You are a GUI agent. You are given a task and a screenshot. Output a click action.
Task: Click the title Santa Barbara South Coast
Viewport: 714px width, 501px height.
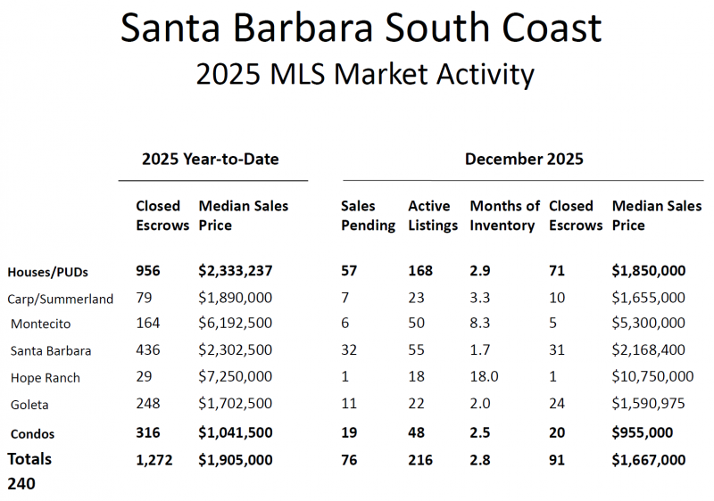click(x=361, y=29)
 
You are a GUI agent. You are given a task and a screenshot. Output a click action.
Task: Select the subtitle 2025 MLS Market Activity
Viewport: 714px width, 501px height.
click(x=365, y=74)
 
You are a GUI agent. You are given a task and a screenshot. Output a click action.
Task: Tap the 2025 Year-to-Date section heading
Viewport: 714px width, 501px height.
click(x=211, y=160)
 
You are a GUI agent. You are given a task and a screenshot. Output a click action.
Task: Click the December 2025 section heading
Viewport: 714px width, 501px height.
click(x=524, y=160)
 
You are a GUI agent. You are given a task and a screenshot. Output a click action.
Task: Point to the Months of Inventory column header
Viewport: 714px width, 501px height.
click(x=505, y=216)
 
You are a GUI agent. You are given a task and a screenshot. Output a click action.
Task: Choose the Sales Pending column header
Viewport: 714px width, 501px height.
click(x=368, y=216)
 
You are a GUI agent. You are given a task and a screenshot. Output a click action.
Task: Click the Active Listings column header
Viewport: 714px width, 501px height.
click(x=433, y=216)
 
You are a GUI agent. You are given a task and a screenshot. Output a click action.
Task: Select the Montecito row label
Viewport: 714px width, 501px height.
click(x=41, y=324)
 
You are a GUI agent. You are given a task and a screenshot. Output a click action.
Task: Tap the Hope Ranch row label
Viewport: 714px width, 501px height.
click(x=46, y=378)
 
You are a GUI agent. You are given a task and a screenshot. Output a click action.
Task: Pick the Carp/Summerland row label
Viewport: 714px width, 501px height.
click(x=61, y=299)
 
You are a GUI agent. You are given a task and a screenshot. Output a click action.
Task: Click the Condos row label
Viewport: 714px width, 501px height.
click(x=33, y=434)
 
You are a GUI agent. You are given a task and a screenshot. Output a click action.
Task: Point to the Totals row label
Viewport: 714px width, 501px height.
click(x=29, y=459)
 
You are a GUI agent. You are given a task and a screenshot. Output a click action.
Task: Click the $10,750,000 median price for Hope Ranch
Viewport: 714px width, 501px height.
click(x=652, y=377)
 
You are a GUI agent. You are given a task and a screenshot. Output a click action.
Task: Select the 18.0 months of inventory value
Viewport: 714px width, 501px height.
click(x=486, y=377)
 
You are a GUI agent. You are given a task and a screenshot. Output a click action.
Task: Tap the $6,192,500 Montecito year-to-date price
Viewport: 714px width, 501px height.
click(x=235, y=324)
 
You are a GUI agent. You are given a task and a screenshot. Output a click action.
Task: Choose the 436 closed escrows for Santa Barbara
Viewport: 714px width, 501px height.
click(x=148, y=350)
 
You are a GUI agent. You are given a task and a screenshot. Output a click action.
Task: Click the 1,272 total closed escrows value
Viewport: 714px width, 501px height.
click(x=154, y=460)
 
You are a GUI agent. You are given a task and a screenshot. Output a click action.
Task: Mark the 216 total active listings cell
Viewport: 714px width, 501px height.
click(x=420, y=460)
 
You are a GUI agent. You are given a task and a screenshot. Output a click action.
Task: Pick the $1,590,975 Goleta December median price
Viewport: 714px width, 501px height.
click(x=649, y=404)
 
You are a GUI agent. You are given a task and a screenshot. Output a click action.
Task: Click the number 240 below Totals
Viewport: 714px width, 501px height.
click(x=21, y=484)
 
